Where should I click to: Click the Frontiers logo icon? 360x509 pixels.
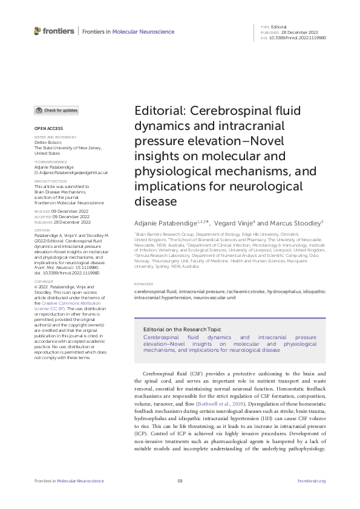[38, 31]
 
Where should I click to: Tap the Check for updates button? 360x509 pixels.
[56, 111]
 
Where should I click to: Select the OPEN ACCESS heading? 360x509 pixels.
[48, 129]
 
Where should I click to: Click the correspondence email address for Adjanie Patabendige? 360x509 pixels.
[73, 172]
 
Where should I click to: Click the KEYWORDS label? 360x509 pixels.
[144, 284]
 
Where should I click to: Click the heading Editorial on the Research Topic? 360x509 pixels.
[182, 329]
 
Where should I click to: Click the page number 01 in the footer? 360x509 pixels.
[180, 481]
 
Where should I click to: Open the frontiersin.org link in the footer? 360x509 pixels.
[312, 481]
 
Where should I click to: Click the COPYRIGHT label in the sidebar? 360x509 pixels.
[44, 282]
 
